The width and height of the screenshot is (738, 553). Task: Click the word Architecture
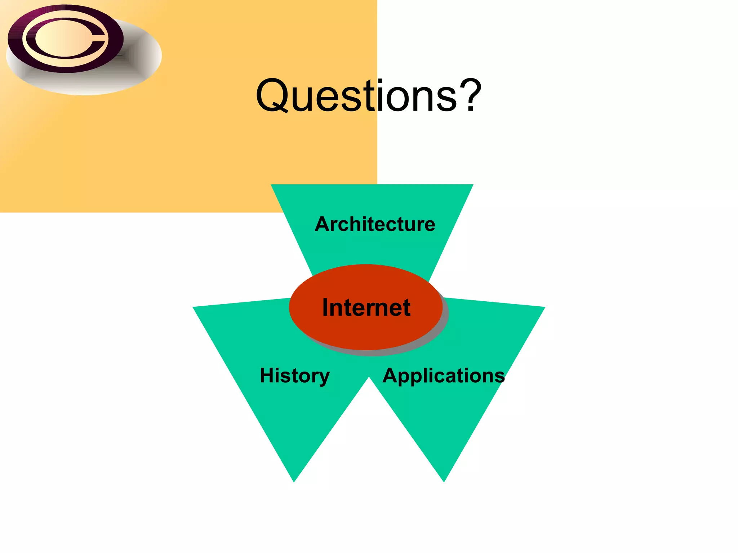click(375, 224)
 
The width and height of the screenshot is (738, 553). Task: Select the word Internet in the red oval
click(366, 307)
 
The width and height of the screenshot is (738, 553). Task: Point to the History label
click(295, 376)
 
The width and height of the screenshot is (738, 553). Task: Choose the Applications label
click(444, 376)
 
